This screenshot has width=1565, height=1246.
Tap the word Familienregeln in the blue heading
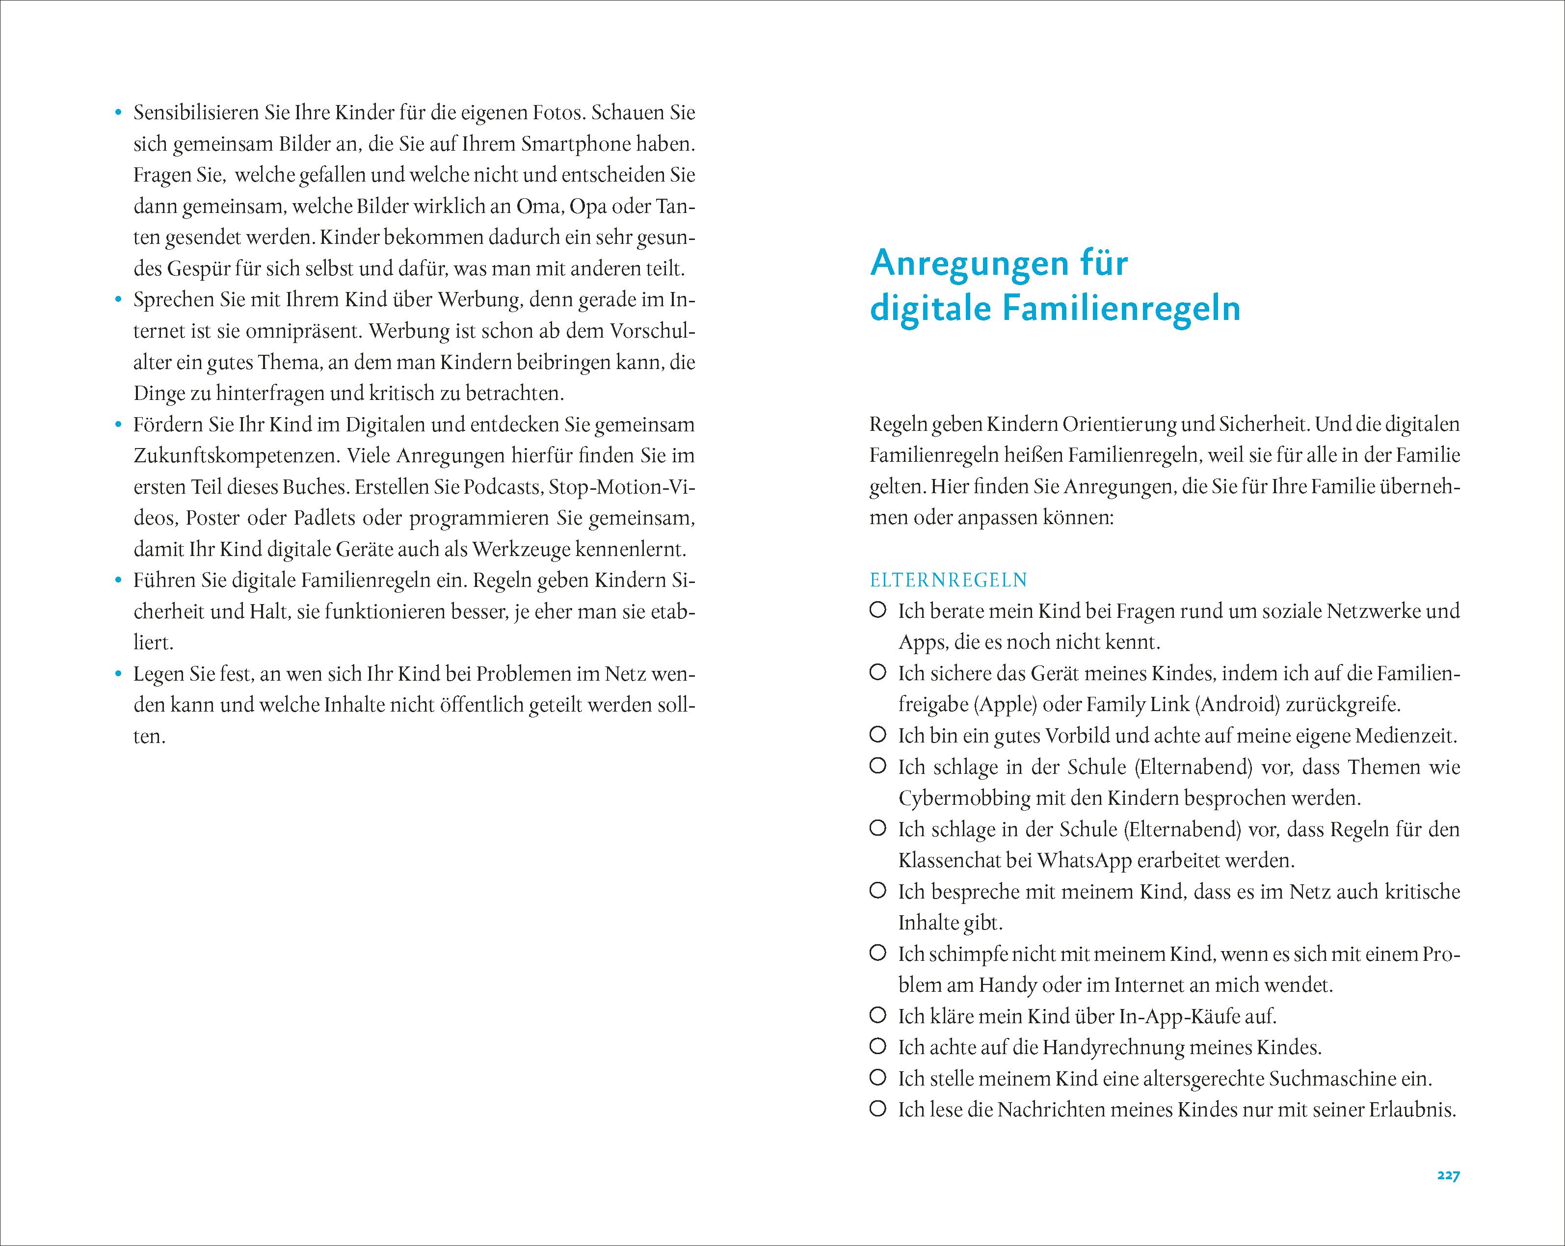click(1121, 308)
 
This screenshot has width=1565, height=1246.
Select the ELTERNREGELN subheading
click(949, 581)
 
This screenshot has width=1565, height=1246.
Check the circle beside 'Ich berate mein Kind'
click(877, 610)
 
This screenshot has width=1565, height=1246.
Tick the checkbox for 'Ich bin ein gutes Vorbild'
click(877, 735)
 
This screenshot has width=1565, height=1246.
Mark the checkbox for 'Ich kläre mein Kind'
click(877, 1015)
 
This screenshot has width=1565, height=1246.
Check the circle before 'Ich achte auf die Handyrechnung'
click(877, 1046)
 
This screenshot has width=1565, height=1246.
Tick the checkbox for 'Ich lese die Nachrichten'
click(877, 1109)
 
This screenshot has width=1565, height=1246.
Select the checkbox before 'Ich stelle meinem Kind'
click(877, 1078)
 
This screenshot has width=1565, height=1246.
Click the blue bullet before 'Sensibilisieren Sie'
click(118, 113)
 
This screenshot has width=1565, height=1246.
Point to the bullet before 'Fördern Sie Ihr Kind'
click(118, 425)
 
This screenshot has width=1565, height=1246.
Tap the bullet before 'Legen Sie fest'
click(118, 675)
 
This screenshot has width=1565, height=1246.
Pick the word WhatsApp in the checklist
click(1085, 861)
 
